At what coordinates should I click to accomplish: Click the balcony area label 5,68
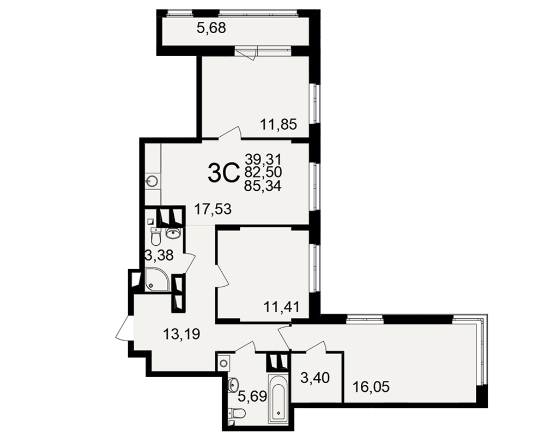(211, 28)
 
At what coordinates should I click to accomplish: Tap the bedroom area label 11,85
(278, 124)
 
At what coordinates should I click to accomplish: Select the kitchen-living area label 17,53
(213, 209)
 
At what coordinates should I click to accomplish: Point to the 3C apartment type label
(224, 173)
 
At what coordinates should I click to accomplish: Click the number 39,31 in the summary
(263, 160)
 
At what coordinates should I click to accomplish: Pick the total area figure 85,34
(263, 186)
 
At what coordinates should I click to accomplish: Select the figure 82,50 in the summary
(263, 173)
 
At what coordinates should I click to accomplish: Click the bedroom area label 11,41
(282, 307)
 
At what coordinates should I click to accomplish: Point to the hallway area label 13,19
(181, 334)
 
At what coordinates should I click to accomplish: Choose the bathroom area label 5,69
(253, 396)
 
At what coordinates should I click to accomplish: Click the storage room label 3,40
(315, 377)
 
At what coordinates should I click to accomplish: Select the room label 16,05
(371, 386)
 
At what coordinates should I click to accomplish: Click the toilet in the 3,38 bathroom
(155, 236)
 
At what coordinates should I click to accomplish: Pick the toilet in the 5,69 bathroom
(238, 413)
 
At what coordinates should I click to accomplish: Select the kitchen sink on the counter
(153, 181)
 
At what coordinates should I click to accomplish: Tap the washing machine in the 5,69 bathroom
(224, 364)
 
